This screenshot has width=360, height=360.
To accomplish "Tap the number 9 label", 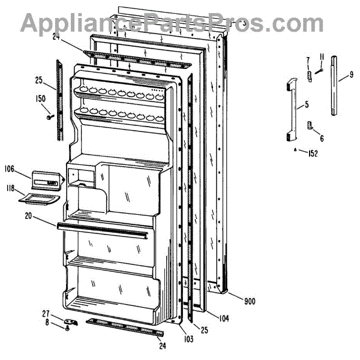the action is coord(352,76).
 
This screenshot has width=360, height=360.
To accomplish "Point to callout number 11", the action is coord(322,57).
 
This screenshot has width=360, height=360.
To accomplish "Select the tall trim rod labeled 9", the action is coord(333,84).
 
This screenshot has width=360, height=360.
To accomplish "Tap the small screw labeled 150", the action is coord(49,116).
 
